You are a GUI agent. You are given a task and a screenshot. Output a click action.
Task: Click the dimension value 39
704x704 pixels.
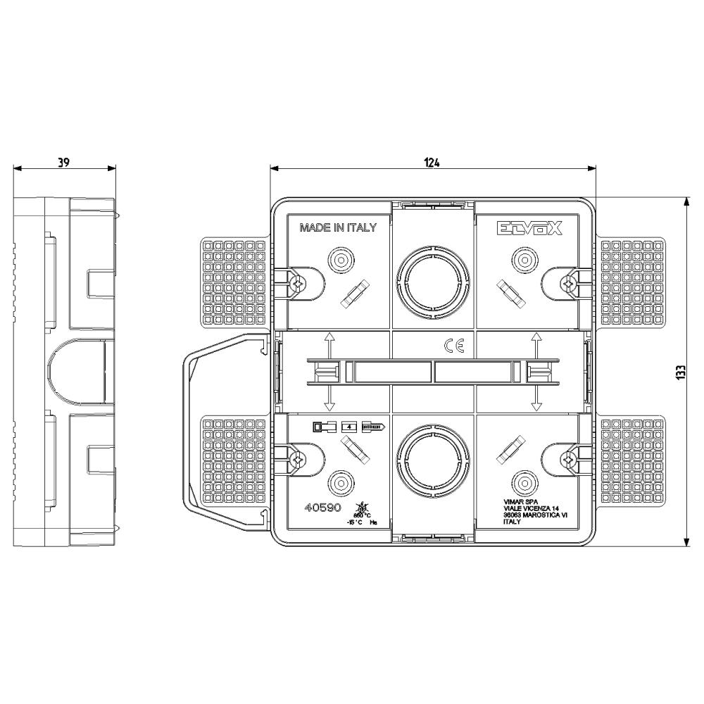tap(63, 161)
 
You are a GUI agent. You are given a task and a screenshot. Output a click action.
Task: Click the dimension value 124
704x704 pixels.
tap(432, 162)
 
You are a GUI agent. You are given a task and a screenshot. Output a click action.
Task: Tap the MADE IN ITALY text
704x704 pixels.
tap(338, 227)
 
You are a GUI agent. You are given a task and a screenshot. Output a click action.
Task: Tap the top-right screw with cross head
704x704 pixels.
tap(567, 282)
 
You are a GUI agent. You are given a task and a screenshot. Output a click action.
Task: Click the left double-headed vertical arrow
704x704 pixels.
tap(328, 371)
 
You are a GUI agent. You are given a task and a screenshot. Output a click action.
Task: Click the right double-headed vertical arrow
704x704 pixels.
tap(536, 371)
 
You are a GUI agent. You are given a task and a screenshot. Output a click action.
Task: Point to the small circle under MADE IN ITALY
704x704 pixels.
tap(340, 260)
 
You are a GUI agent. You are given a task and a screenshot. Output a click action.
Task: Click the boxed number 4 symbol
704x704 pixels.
tap(348, 427)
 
